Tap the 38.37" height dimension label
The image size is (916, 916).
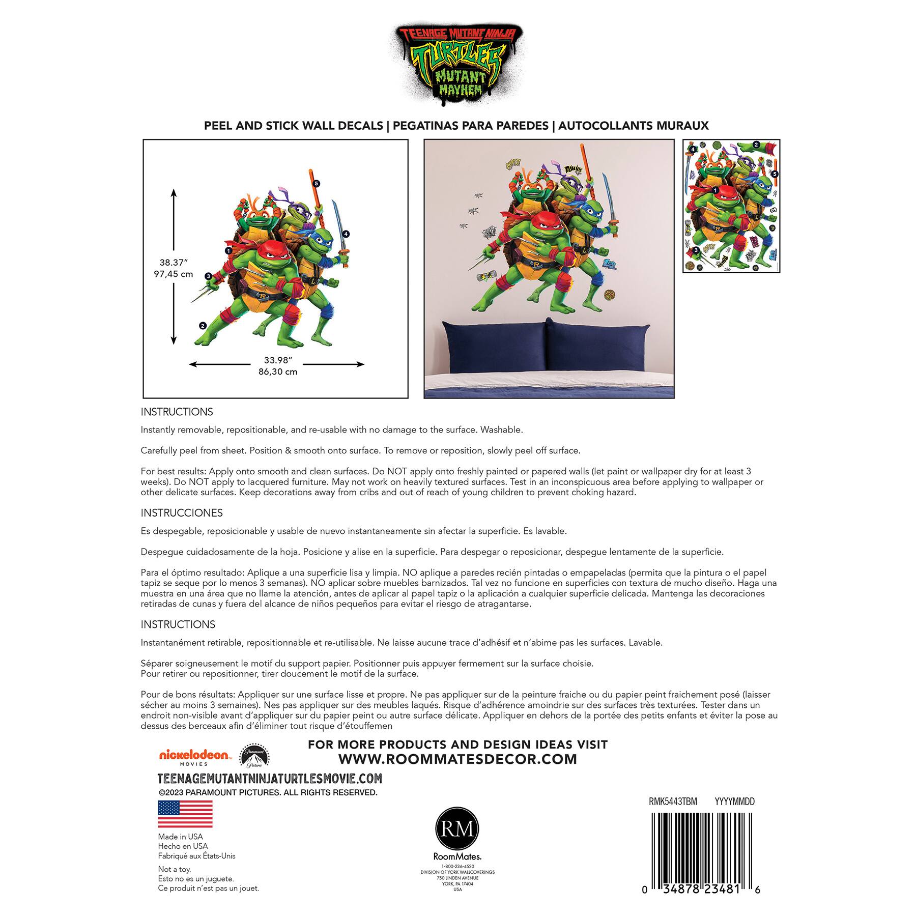tap(174, 263)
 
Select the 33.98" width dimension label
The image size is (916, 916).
tap(277, 360)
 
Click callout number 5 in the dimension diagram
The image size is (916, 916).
tap(316, 183)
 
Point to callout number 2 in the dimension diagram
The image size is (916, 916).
tap(203, 326)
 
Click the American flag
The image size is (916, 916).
tap(185, 814)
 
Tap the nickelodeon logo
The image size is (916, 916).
tap(194, 756)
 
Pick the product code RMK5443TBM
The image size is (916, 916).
tap(673, 801)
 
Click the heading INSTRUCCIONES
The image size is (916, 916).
tap(182, 512)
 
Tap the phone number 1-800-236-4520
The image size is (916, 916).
tap(457, 866)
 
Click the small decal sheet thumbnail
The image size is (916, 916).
tap(731, 206)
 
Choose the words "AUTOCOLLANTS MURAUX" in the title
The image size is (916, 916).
tap(633, 126)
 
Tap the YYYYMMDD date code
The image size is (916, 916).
tap(734, 801)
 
